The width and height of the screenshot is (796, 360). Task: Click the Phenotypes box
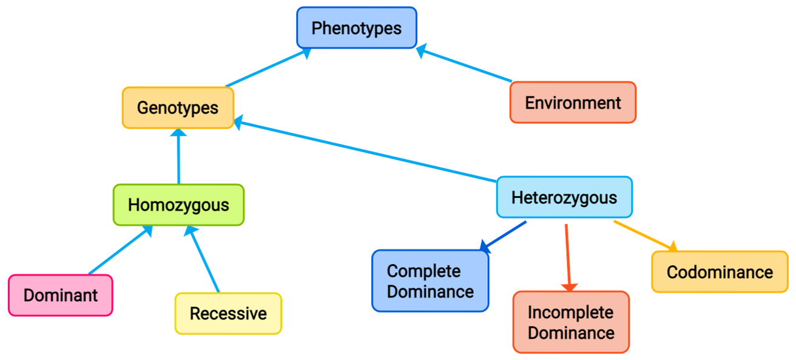click(x=357, y=27)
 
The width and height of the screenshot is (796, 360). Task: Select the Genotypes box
click(x=178, y=107)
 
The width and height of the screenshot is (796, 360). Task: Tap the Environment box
click(x=573, y=103)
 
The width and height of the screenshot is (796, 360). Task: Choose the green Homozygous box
click(x=178, y=205)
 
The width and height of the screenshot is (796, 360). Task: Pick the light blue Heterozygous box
click(x=564, y=197)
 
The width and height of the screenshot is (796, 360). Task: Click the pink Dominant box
click(x=61, y=295)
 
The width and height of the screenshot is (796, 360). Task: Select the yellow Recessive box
click(x=228, y=313)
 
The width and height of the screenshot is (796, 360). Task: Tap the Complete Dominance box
click(x=430, y=280)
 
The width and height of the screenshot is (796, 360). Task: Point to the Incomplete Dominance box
click(x=571, y=322)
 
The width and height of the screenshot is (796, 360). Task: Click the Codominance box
click(x=720, y=271)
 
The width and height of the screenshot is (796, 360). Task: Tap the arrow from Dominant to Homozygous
click(x=119, y=250)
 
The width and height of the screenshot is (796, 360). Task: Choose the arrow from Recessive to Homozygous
click(x=204, y=259)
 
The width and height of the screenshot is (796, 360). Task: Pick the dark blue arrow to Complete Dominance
click(x=504, y=236)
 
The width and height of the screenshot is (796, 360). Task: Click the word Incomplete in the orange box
click(x=570, y=312)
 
